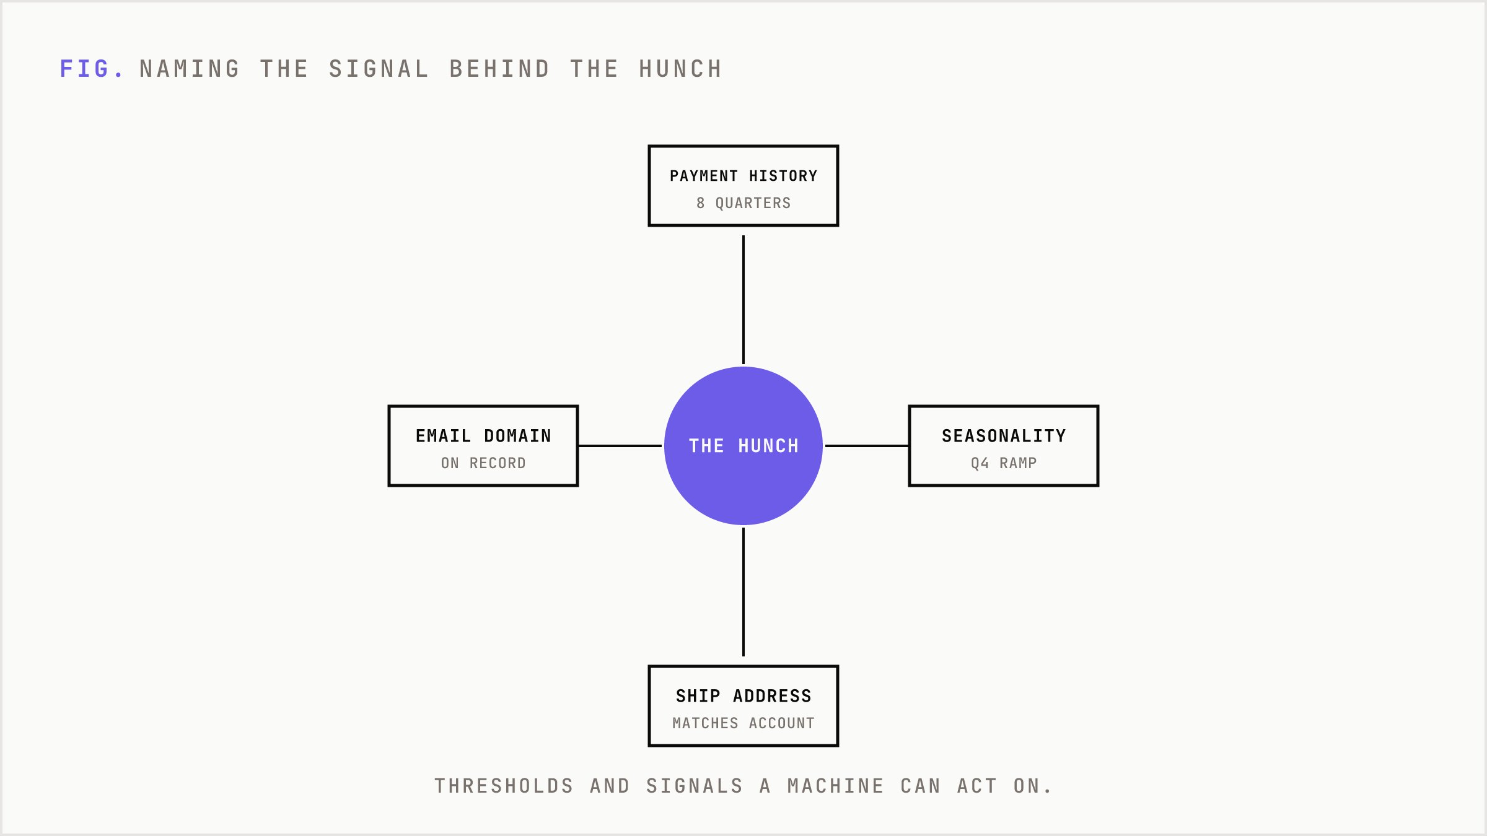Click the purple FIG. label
click(92, 69)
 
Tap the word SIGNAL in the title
click(379, 69)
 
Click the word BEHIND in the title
click(499, 69)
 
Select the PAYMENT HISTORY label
click(743, 176)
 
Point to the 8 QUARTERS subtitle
click(743, 203)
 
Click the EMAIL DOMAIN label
click(483, 436)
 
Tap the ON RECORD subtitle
click(483, 463)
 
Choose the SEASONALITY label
click(1004, 436)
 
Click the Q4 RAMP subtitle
click(1004, 463)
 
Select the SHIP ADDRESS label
click(743, 696)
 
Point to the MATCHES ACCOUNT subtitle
click(743, 723)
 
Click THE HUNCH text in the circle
click(743, 446)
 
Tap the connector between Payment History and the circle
click(743, 300)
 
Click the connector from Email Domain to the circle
click(620, 446)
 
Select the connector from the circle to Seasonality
click(867, 446)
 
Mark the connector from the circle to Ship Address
click(743, 592)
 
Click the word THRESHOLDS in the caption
click(504, 786)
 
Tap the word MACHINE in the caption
click(836, 786)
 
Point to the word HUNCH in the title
click(680, 69)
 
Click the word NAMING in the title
click(190, 69)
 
